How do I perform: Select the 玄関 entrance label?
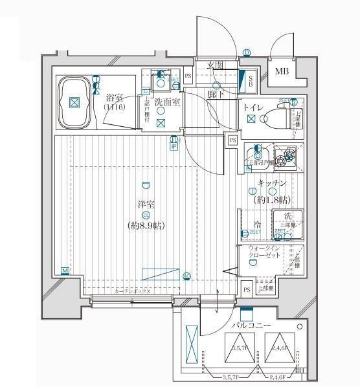click(216, 65)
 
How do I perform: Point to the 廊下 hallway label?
click(216, 94)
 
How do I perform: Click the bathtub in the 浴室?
click(75, 102)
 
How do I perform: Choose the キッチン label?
click(271, 184)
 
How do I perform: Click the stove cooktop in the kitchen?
click(283, 157)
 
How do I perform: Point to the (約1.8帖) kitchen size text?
click(271, 199)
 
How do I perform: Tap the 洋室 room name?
click(146, 205)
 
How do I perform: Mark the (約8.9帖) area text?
click(146, 225)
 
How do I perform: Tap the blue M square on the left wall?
click(65, 271)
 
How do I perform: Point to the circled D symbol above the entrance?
click(247, 53)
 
